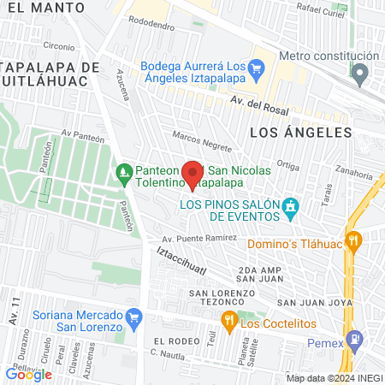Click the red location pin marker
193,172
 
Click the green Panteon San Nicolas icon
125,172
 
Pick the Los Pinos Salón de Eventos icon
292,205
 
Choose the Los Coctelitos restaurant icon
228,323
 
